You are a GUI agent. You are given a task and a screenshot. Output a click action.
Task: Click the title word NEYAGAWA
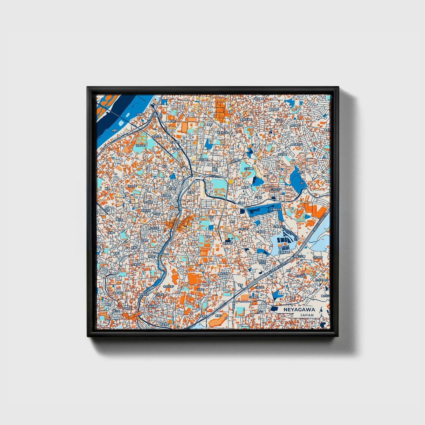299,310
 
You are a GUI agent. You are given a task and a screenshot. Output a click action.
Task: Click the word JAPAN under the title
307,315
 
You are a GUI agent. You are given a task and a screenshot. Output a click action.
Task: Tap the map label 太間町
141,114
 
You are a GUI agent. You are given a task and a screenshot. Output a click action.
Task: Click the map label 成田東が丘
296,145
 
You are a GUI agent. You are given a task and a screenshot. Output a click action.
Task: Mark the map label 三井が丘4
276,190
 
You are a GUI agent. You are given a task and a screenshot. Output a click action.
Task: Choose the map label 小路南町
253,297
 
